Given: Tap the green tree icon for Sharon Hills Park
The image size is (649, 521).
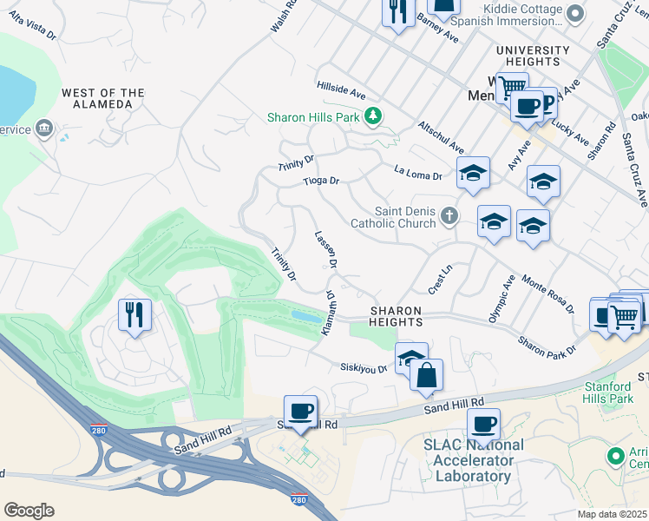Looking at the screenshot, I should (x=372, y=115).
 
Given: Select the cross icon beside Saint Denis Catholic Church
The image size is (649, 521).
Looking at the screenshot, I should (x=449, y=215).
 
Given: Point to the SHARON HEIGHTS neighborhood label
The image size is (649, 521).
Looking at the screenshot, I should (x=397, y=316).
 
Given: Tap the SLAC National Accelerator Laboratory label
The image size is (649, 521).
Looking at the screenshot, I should (x=473, y=460).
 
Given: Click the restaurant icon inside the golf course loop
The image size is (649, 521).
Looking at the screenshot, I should (x=134, y=313).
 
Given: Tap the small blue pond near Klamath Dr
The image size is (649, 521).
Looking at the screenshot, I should (x=305, y=317).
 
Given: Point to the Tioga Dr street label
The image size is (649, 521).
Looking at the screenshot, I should (x=320, y=181).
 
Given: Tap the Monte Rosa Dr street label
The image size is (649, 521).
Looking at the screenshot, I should (x=547, y=293).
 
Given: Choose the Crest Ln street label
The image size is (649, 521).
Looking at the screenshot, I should (x=441, y=279).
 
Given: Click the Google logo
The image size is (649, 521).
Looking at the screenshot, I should (x=29, y=510).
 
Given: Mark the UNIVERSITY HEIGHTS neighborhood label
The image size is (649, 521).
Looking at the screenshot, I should (x=532, y=56).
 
